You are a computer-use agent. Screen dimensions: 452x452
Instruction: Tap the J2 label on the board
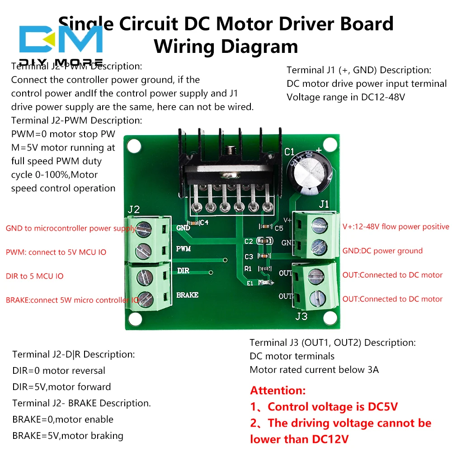tap(134, 209)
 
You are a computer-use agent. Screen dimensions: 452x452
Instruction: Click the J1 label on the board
tap(324, 204)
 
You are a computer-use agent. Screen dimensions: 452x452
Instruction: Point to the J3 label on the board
tap(301, 316)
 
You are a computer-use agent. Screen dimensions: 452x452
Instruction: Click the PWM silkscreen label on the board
tap(183, 249)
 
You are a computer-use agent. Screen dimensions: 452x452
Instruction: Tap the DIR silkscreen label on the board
tap(183, 270)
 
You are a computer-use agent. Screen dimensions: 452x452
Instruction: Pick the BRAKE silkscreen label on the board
tap(187, 295)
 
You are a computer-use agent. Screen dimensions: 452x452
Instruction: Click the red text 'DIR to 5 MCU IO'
tap(35, 276)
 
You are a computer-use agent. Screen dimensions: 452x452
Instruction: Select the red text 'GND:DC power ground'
tap(382, 251)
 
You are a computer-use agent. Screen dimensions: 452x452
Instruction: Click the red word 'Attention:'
tap(278, 391)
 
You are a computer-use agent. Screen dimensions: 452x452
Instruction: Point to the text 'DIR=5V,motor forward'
tap(61, 387)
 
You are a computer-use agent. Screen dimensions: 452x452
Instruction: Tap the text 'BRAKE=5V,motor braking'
tap(68, 436)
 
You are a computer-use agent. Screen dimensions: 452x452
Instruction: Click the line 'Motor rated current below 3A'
tap(314, 370)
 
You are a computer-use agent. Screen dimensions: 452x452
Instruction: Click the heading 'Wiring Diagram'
tap(226, 47)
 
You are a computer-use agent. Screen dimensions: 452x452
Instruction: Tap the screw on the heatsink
tap(232, 149)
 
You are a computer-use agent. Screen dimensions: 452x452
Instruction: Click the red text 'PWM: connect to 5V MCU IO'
tap(56, 252)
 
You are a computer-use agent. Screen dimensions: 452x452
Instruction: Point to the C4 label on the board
tap(204, 222)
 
